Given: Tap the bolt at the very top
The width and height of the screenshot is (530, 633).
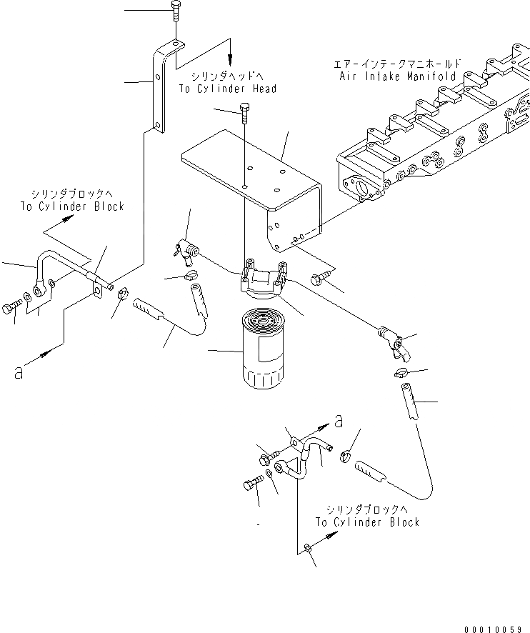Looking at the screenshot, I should (x=175, y=13).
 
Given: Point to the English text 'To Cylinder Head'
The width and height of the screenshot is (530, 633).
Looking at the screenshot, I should (x=227, y=89).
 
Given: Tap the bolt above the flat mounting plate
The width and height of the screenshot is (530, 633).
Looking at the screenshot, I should (x=246, y=113).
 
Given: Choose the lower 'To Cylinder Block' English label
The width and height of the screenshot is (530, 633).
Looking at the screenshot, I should (x=368, y=522).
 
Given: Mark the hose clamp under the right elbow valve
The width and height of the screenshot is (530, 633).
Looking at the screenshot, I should (x=401, y=372).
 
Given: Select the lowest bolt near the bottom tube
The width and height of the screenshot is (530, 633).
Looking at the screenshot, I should (x=249, y=485).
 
